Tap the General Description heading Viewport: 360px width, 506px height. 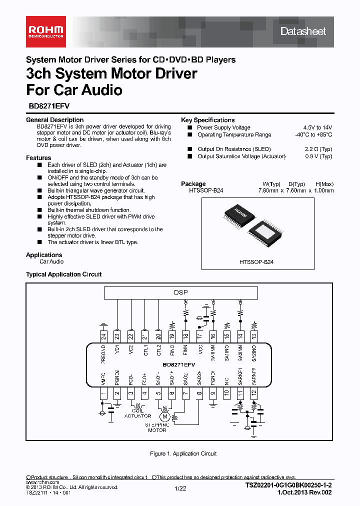[x=54, y=120]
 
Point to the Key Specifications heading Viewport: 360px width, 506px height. [x=207, y=120]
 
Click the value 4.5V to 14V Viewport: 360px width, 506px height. [x=317, y=127]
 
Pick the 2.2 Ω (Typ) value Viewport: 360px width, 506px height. [x=318, y=149]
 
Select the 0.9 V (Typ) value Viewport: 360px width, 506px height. [x=318, y=156]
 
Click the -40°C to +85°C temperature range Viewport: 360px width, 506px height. [x=313, y=135]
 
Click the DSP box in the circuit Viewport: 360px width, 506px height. [x=180, y=292]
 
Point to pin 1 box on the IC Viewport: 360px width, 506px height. [x=103, y=394]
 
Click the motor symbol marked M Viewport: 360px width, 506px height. [x=163, y=414]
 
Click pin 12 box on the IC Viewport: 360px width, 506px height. [x=254, y=394]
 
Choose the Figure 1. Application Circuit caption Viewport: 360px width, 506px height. [x=183, y=453]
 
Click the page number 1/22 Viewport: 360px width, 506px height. [x=180, y=488]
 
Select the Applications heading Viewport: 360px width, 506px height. [x=44, y=255]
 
